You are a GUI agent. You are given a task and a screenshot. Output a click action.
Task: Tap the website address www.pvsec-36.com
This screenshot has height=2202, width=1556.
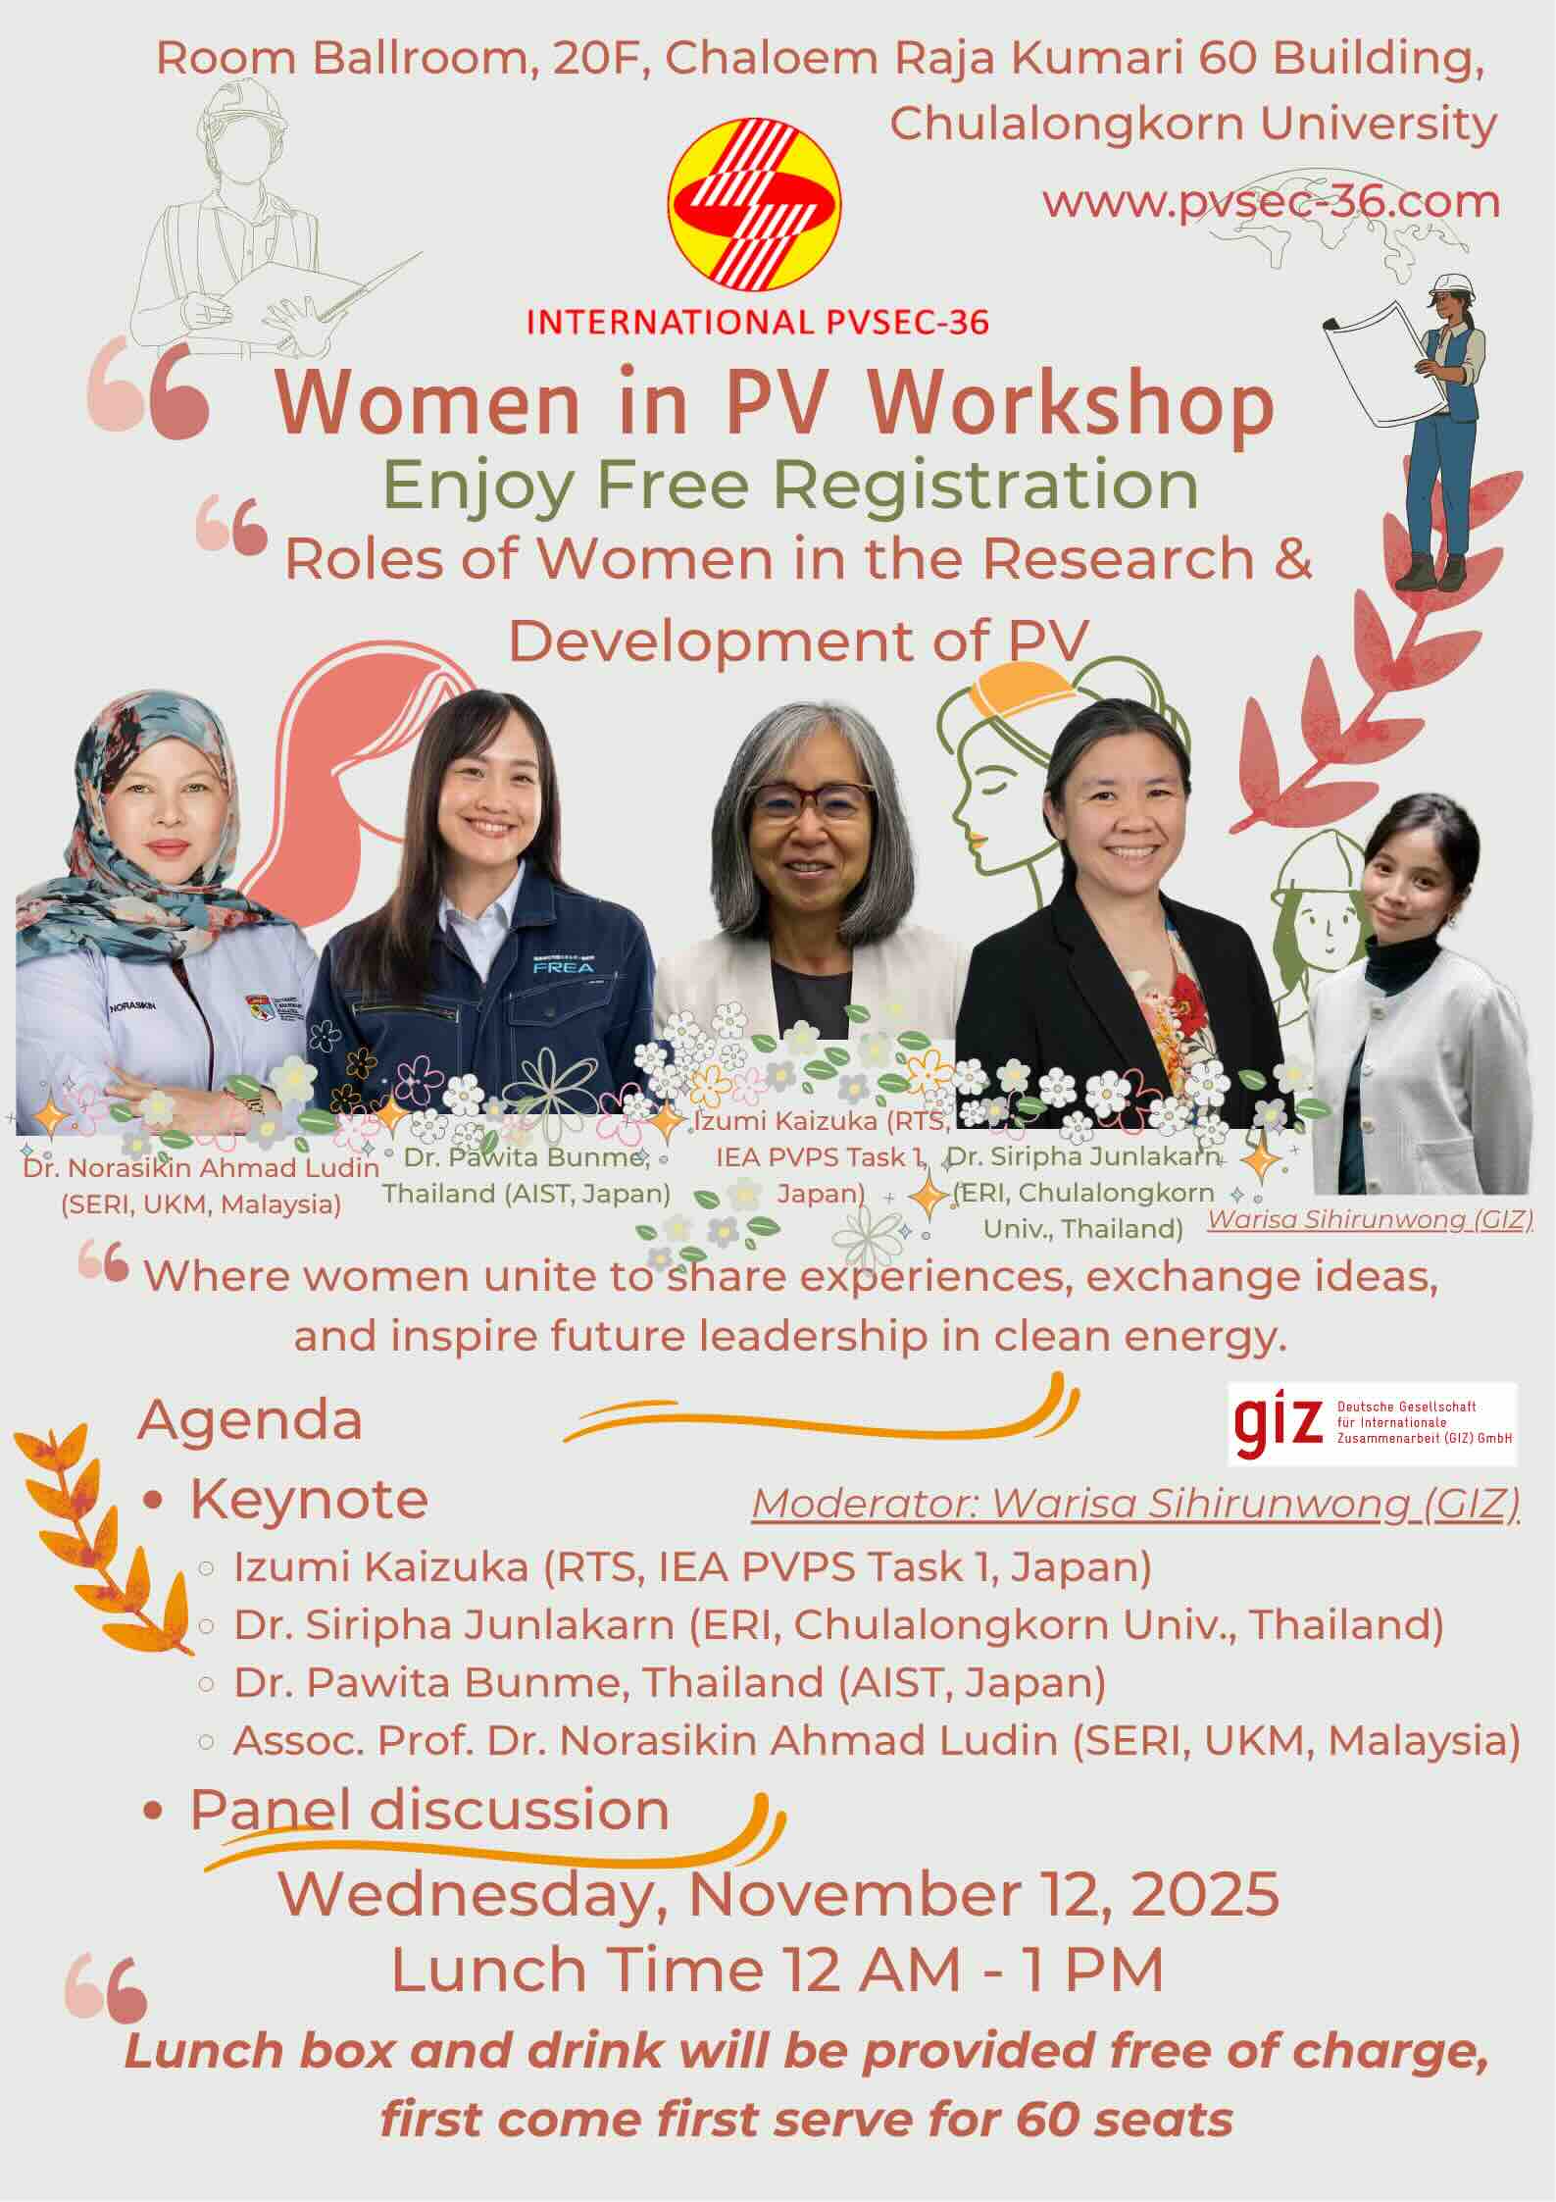1271,202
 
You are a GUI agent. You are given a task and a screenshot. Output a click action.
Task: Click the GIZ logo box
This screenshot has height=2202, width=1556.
1373,1423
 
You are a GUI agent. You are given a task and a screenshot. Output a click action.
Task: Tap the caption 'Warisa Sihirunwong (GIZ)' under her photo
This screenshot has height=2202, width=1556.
1370,1220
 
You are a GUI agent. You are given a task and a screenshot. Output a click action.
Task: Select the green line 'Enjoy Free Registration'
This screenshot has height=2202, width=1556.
790,484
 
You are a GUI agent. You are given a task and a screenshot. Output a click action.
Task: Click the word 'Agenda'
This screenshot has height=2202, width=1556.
250,1419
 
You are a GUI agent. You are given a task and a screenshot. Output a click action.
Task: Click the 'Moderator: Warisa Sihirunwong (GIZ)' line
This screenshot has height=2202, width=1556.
1136,1505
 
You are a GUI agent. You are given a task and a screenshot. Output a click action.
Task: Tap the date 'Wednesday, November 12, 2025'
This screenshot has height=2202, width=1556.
779,1892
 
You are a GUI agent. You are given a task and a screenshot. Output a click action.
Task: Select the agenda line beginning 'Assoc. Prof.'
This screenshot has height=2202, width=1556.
877,1741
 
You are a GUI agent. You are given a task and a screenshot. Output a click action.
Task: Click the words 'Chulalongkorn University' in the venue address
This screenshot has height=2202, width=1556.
1193,124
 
